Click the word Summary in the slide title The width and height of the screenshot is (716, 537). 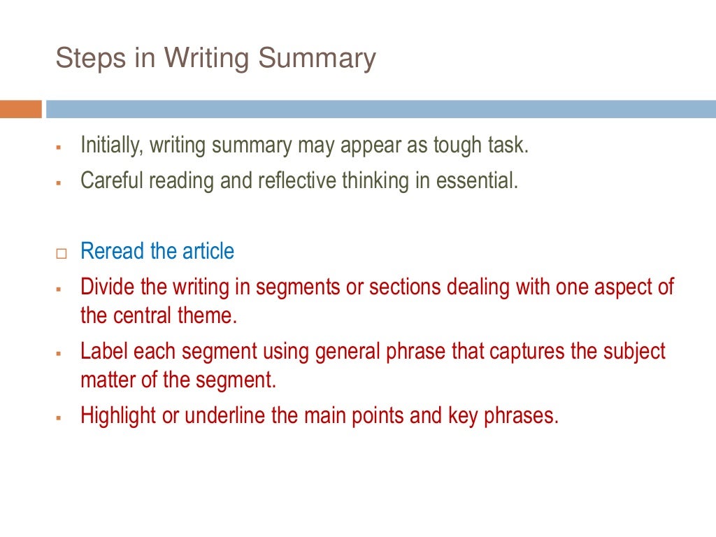[x=317, y=59]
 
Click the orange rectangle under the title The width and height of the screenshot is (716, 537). [x=21, y=109]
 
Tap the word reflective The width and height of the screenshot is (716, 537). [x=297, y=180]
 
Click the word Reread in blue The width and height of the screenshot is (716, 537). [x=112, y=251]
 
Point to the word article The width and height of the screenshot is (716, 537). [x=208, y=251]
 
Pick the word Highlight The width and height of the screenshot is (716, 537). [x=118, y=415]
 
